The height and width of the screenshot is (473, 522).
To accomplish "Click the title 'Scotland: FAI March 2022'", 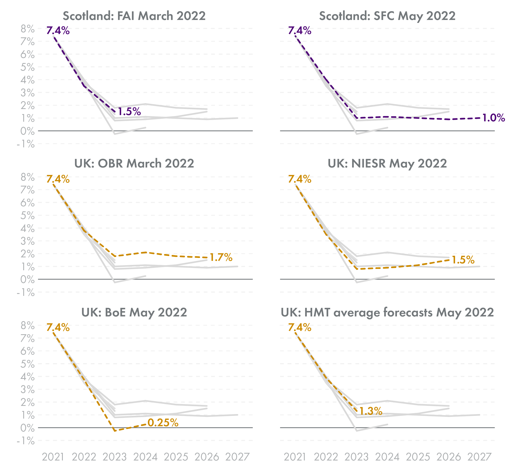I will point(134,16).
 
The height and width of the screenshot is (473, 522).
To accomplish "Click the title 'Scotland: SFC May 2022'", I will point(387,16).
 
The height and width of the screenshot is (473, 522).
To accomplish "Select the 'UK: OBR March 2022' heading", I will point(134,164).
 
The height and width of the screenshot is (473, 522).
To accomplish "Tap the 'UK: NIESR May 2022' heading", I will point(387,164).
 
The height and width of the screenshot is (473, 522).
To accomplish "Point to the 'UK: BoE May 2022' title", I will point(134,313).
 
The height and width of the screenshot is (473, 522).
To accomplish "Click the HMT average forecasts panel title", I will point(387,313).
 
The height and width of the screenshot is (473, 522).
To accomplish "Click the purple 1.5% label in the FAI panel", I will point(129,112).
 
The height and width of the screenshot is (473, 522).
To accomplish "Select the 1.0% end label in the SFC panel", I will point(493,118).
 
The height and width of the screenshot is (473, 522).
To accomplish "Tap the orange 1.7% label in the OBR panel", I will point(221,257).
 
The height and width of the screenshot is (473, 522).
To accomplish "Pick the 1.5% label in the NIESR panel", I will point(463,260).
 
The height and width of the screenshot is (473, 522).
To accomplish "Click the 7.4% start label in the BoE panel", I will point(58,328).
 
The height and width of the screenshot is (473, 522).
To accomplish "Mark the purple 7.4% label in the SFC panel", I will point(300,31).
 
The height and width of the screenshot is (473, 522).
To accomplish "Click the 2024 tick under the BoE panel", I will point(145,457).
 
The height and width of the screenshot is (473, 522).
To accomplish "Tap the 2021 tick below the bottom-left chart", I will point(53,457).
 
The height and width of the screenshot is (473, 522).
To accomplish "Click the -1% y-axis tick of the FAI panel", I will point(26,144).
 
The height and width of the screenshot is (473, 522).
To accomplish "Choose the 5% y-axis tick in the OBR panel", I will point(27,215).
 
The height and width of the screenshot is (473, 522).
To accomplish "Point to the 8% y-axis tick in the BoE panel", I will point(27,326).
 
